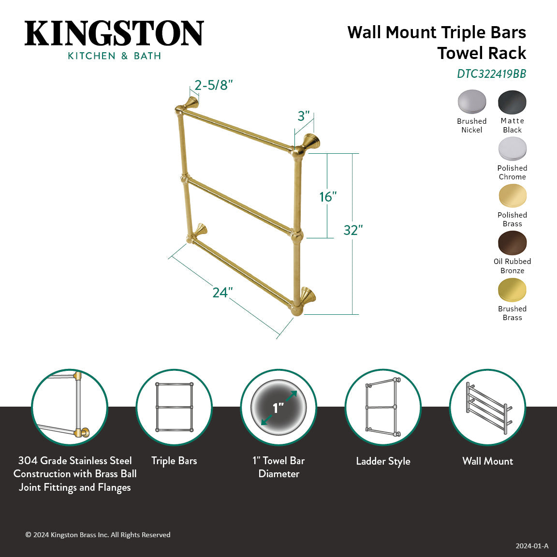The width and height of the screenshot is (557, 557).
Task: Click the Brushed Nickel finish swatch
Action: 472,102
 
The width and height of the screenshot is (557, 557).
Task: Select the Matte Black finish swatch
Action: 512,102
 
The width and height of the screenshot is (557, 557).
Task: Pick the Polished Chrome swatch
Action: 512,149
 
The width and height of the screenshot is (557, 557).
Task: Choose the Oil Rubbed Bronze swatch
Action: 512,243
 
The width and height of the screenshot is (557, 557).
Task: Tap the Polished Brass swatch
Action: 512,196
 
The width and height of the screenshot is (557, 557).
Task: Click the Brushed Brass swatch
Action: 512,290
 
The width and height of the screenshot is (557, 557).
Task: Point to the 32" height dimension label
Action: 353,230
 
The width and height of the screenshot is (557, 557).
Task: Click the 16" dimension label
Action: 328,197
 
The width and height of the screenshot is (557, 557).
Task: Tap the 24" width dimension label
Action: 222,293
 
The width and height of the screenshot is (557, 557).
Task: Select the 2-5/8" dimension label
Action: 213,86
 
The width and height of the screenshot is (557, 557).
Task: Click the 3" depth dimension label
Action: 303,116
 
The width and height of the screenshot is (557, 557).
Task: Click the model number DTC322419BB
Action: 491,74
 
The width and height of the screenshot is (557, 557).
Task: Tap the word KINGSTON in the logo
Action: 114,33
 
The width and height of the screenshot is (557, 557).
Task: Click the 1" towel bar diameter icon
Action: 278,408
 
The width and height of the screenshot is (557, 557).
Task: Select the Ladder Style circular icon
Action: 383,408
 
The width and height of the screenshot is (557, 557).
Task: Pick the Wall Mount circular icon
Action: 487,408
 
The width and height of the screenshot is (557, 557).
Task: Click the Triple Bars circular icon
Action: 174,408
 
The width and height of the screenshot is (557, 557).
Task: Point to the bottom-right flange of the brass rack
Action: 308,294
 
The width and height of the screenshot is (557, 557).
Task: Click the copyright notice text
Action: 98,535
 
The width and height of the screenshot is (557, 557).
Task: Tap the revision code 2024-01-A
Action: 532,546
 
